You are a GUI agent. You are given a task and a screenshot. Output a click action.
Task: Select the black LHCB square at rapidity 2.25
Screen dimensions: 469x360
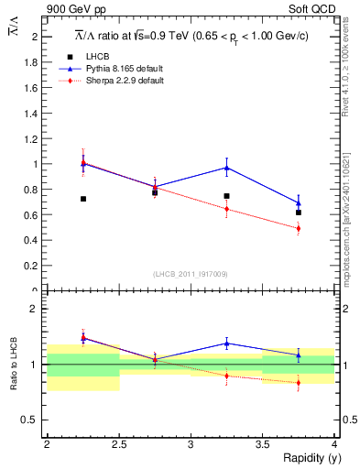click(83, 199)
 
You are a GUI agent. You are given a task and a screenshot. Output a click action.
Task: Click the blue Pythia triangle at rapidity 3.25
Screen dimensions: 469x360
click(226, 168)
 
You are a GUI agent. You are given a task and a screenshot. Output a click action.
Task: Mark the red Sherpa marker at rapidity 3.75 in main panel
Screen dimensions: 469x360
click(298, 228)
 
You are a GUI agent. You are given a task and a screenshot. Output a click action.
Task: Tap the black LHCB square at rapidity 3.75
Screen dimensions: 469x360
click(298, 213)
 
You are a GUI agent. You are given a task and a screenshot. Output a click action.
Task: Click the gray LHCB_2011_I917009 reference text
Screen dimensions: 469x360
click(190, 275)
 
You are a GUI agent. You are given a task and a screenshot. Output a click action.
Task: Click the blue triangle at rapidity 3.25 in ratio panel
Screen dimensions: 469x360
click(226, 344)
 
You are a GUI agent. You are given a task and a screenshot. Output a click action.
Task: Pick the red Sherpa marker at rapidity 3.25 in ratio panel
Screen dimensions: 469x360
click(226, 376)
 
